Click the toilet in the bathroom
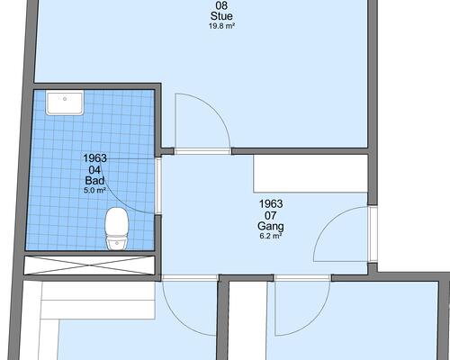point(117,229)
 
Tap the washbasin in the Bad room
point(65,103)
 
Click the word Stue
point(221,16)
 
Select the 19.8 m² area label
point(221,26)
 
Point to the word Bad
point(94,181)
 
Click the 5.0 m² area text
point(94,190)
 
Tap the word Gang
point(271,226)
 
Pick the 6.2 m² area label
point(271,236)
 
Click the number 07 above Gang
point(271,215)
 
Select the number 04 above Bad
point(94,170)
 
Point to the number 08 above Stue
point(221,5)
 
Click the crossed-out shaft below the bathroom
point(89,265)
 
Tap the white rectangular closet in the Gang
point(310,174)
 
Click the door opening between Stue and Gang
point(202,151)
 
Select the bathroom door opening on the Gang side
point(158,185)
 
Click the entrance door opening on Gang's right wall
point(373,234)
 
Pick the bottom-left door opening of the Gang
point(190,278)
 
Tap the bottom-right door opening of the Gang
point(302,278)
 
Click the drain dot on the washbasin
point(65,98)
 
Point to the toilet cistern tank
point(117,242)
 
